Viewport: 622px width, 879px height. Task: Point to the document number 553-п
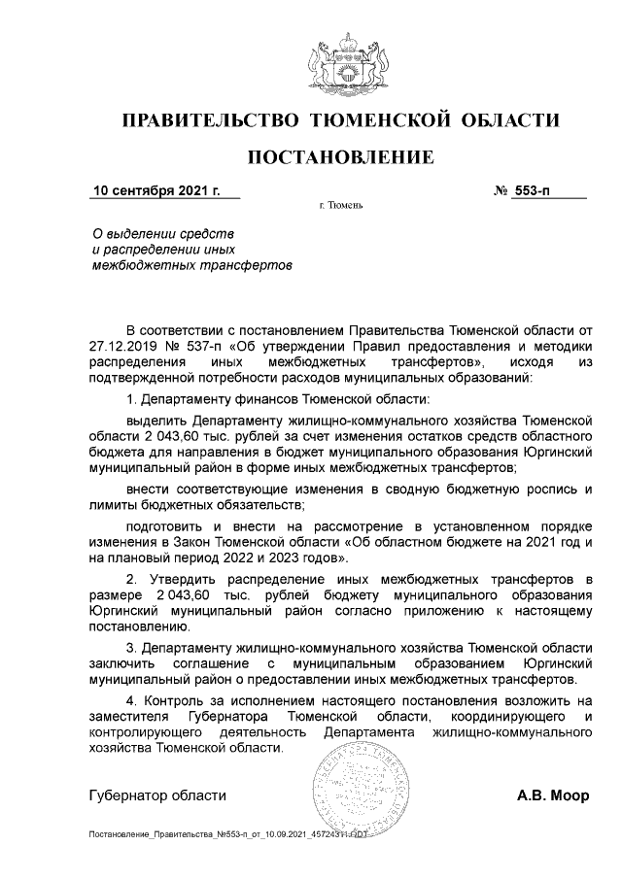pos(533,190)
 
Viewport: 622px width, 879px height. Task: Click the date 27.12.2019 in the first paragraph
pos(123,345)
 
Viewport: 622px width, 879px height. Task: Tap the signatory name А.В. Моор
pos(553,795)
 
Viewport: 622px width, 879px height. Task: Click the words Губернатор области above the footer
pos(157,795)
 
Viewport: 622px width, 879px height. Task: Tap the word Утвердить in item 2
pos(182,580)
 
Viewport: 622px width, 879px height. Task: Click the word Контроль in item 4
pos(172,700)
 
